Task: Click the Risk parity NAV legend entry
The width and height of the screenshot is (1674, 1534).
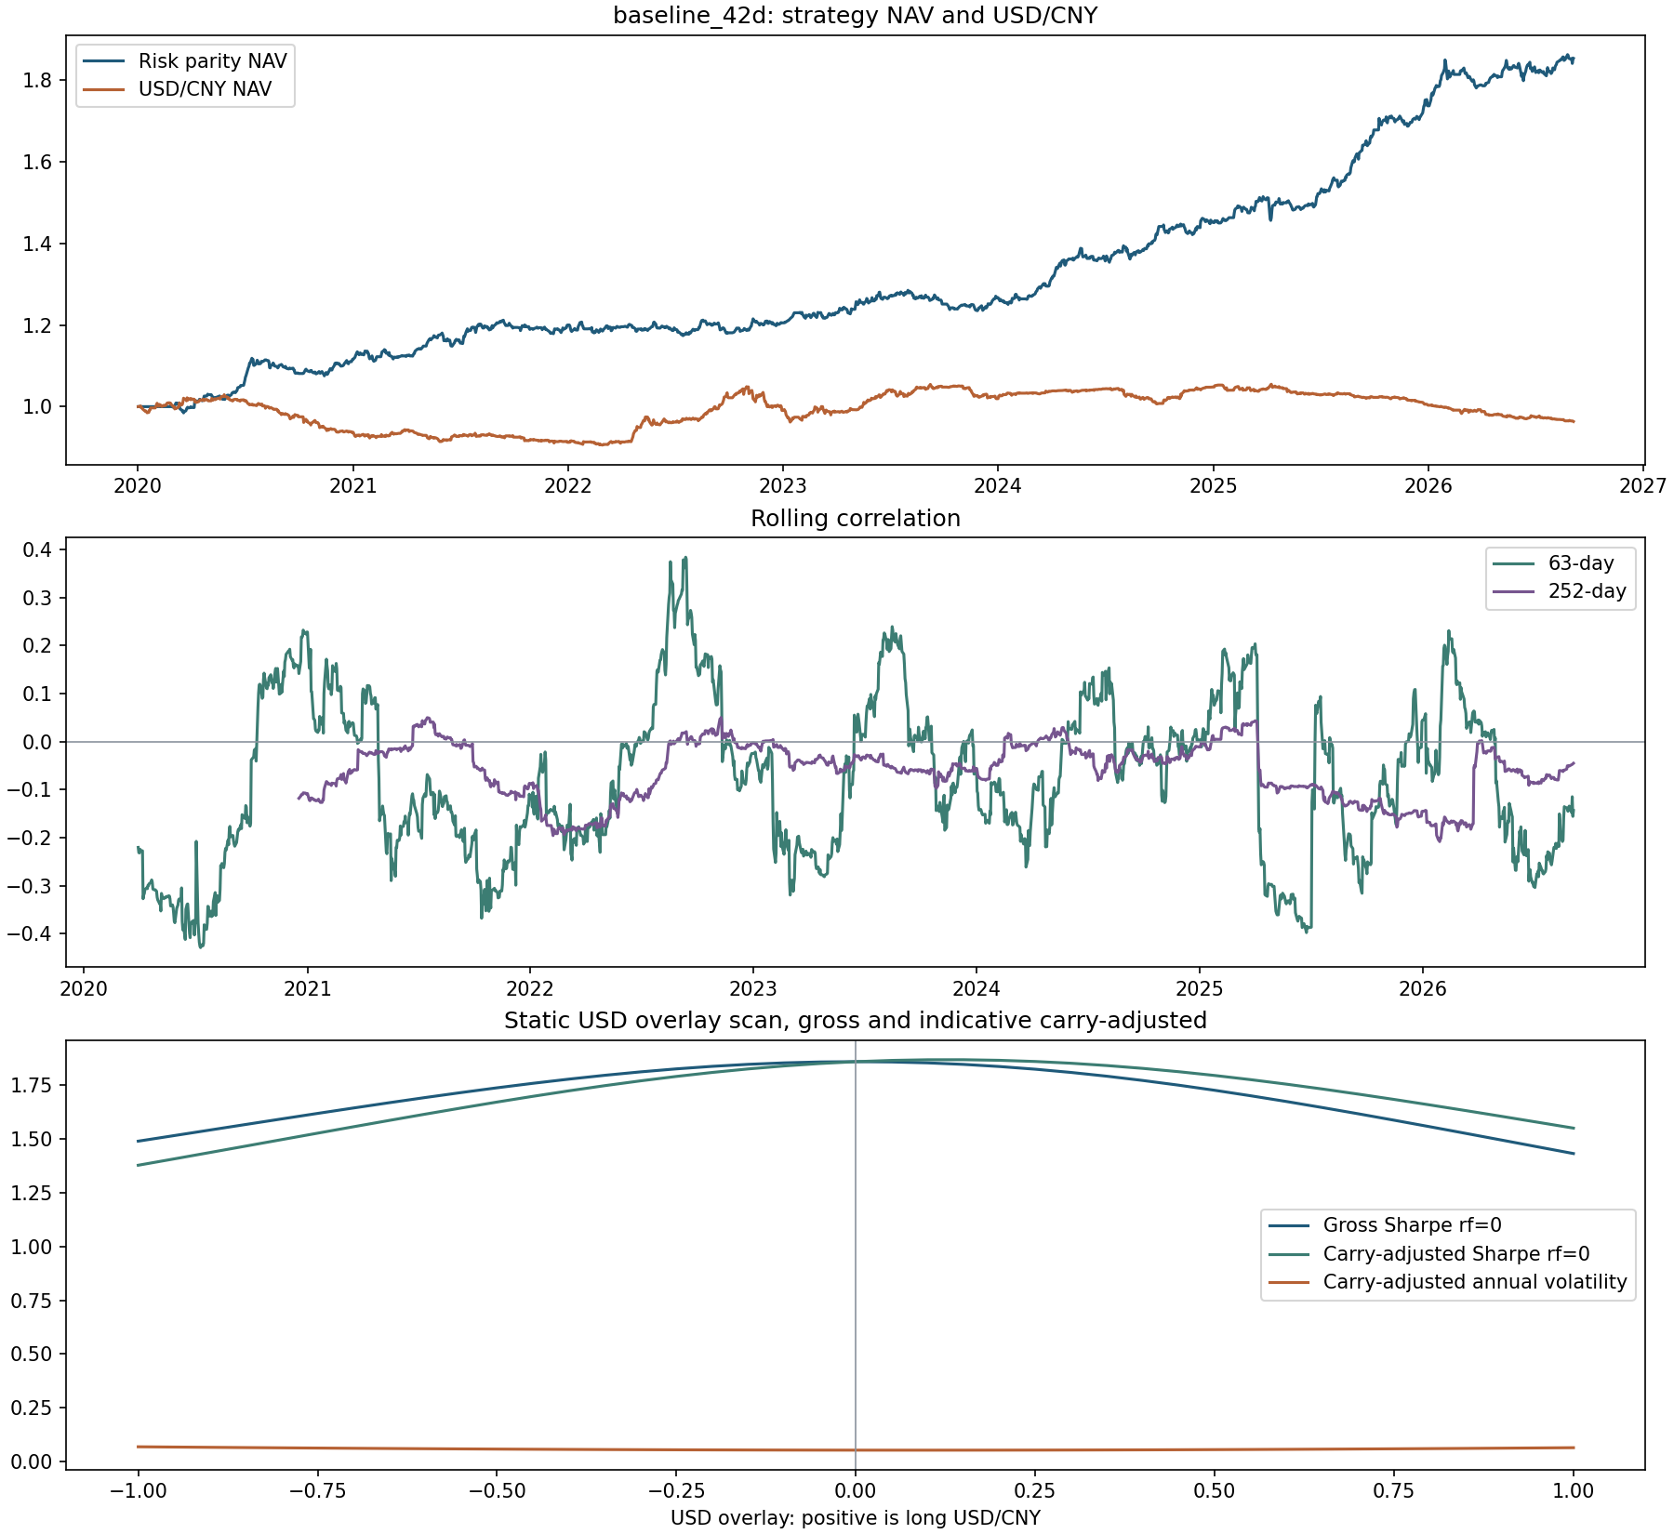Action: coord(185,61)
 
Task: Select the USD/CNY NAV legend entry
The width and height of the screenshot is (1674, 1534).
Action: coord(178,89)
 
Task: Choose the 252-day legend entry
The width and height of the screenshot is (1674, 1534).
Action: coord(1560,591)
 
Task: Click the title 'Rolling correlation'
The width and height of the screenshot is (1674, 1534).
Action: coord(856,519)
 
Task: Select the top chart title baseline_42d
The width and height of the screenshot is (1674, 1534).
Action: coord(856,16)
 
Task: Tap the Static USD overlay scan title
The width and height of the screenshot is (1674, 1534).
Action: coord(856,1021)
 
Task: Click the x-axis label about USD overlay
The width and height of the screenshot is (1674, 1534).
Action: coord(856,1518)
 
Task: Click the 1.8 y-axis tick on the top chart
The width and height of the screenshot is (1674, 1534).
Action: coord(37,80)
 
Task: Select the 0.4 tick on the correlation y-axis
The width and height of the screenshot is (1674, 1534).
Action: coord(37,549)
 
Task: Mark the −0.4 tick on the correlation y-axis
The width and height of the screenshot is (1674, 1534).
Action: coord(30,933)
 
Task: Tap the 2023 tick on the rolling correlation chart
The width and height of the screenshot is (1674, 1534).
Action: coord(753,988)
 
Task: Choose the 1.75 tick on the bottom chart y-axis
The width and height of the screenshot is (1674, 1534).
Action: coord(33,1085)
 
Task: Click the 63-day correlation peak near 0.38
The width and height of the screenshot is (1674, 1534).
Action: coord(685,558)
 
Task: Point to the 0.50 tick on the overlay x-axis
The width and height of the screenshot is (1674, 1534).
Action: coord(1215,1491)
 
